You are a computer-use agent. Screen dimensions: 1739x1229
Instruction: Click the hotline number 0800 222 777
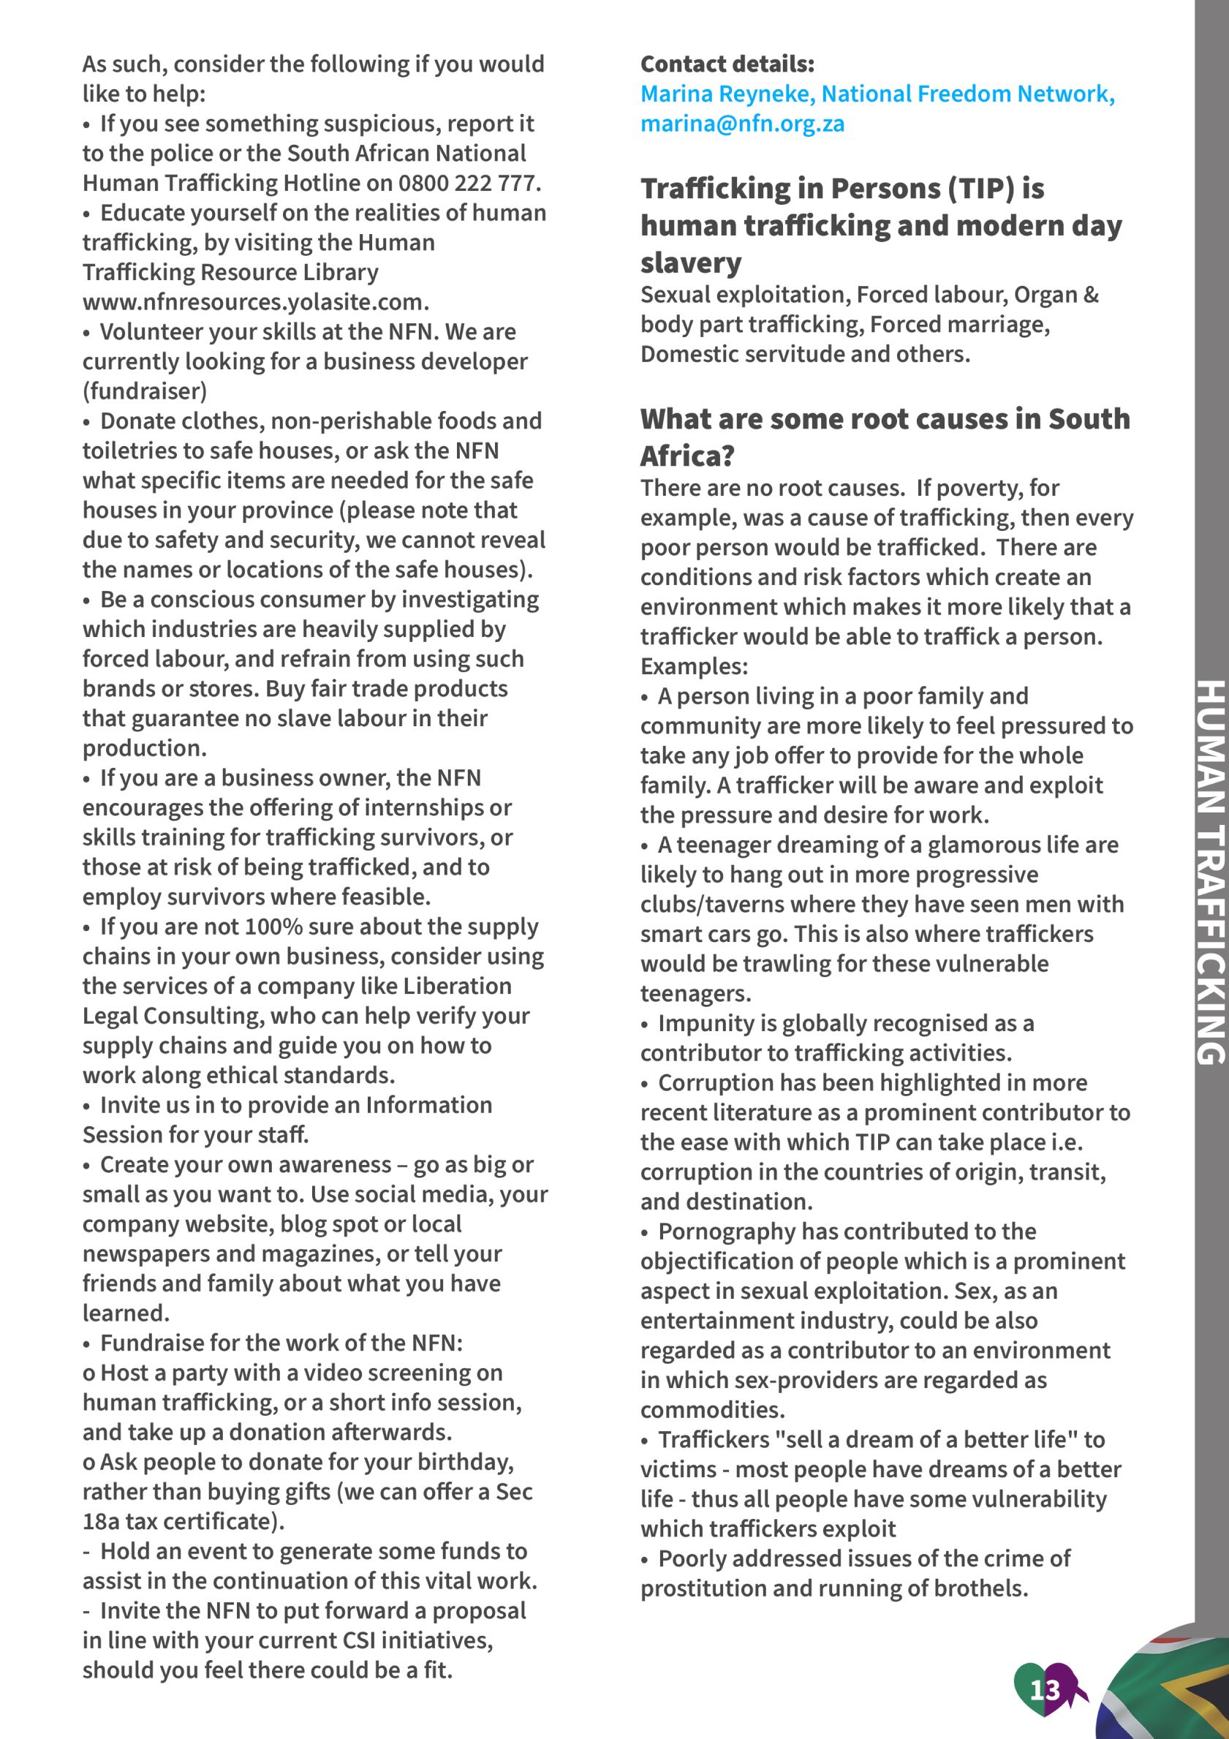coord(469,184)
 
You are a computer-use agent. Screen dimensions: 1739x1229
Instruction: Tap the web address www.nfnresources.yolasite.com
coord(255,302)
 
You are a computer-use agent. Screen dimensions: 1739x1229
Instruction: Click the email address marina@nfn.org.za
coord(742,124)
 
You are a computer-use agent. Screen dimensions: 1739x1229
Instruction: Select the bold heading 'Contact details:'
coord(727,64)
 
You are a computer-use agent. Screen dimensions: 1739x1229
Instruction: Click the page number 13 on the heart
coord(1044,1689)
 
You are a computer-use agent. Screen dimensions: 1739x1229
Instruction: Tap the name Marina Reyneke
coord(725,94)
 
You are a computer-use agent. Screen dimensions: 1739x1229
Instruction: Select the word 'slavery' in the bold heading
coord(691,263)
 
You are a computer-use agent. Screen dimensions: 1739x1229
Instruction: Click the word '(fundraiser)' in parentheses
coord(145,391)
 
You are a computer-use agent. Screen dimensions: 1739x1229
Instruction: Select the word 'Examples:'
coord(694,666)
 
